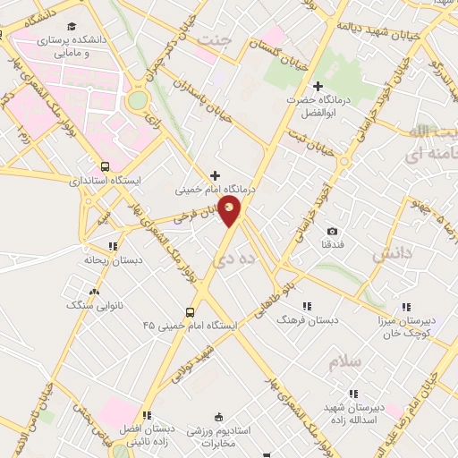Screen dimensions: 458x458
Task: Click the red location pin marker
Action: click(231, 211)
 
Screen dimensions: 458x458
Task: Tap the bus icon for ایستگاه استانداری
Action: click(106, 166)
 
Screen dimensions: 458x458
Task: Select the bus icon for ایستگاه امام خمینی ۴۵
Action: click(190, 312)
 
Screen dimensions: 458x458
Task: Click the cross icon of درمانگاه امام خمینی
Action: click(214, 175)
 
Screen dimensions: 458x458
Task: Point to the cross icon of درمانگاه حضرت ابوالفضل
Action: click(318, 86)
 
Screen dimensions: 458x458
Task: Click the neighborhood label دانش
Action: click(391, 254)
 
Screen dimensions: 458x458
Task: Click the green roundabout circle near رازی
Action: click(137, 100)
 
